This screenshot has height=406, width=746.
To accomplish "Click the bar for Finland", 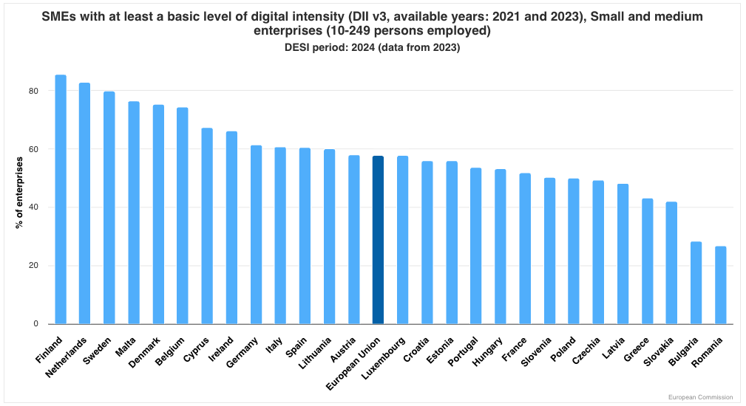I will point(61,199).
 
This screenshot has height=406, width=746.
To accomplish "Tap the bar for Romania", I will point(720,285).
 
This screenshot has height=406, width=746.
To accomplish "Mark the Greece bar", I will point(647,261).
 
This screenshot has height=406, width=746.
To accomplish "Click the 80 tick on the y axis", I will point(33,91).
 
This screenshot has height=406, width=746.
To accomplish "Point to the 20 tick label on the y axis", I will point(33,266).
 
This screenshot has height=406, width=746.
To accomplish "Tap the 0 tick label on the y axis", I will point(35,324).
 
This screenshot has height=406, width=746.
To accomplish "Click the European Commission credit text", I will point(701,397).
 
